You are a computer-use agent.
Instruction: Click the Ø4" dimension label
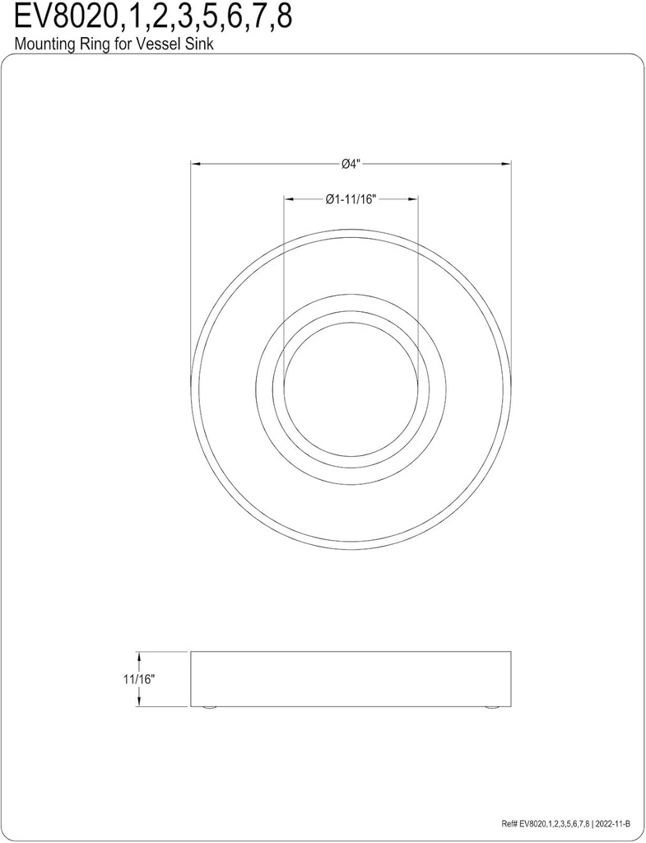pyautogui.click(x=351, y=164)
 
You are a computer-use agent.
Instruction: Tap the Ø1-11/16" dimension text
pyautogui.click(x=351, y=198)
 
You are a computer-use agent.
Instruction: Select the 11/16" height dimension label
pyautogui.click(x=139, y=679)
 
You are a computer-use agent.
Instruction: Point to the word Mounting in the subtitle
pyautogui.click(x=41, y=45)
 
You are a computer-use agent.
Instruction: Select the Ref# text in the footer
pyautogui.click(x=509, y=824)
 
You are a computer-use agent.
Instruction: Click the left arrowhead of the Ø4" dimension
pyautogui.click(x=196, y=164)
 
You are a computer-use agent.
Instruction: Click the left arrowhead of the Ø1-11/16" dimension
pyautogui.click(x=288, y=198)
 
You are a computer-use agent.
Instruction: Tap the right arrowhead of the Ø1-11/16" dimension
pyautogui.click(x=414, y=198)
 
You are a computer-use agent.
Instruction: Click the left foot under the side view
pyautogui.click(x=209, y=708)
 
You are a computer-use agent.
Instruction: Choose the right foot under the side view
pyautogui.click(x=492, y=708)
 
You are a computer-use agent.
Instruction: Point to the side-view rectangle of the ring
pyautogui.click(x=351, y=679)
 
